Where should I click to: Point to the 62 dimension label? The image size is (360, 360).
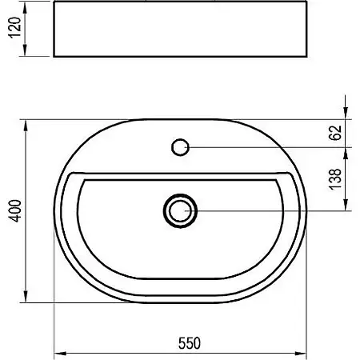(336, 133)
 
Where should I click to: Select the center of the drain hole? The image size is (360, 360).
(180, 210)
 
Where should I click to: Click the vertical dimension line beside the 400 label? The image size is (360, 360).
(29, 256)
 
